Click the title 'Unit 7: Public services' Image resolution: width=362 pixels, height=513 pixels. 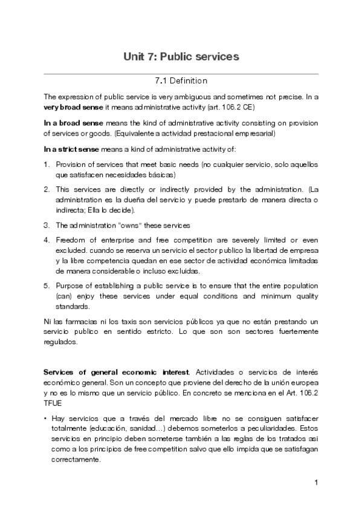pos(181,56)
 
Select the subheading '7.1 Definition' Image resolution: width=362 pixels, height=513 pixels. pos(181,80)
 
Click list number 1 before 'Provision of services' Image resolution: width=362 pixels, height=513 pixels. pos(47,165)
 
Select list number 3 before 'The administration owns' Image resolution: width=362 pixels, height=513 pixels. pos(47,225)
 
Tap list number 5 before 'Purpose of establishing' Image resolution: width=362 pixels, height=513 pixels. pos(47,286)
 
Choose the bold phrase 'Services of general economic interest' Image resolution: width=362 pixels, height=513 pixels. pos(117,370)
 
